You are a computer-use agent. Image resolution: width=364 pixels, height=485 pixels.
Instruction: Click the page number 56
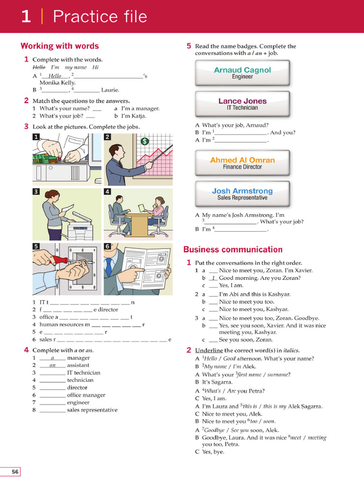15,472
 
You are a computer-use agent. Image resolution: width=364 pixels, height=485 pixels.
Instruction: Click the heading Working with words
60,46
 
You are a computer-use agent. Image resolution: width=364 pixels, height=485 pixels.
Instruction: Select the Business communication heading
233,250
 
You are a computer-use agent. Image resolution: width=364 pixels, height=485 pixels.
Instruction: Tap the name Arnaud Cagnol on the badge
242,70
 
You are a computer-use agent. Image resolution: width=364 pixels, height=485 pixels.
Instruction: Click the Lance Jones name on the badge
242,101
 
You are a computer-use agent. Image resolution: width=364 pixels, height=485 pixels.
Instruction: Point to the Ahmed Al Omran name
242,160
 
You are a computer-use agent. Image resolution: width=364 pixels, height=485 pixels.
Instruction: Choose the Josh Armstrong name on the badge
242,191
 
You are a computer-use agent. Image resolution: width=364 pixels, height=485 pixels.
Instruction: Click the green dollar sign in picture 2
145,141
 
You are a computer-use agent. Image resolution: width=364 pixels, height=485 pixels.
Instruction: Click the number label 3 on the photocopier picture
36,192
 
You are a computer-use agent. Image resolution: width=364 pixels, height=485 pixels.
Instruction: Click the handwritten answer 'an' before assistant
52,365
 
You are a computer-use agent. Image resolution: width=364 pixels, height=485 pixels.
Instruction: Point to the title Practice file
100,17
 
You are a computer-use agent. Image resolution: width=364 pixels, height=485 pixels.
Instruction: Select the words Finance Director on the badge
242,167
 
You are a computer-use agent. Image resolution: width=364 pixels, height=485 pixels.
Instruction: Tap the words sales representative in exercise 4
92,410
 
